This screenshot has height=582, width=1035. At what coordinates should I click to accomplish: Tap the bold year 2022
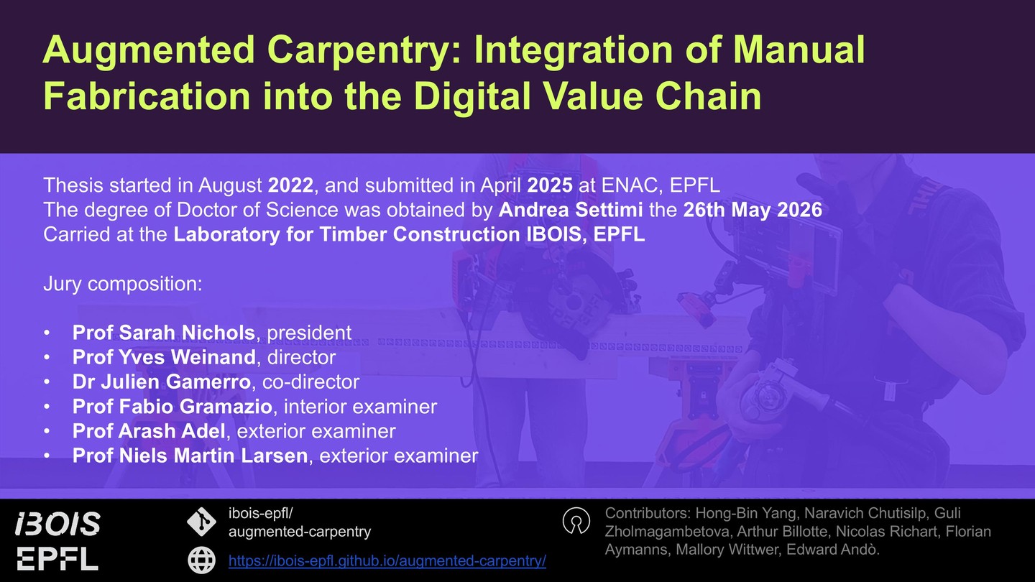point(290,185)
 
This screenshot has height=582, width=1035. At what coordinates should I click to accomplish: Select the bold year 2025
point(550,185)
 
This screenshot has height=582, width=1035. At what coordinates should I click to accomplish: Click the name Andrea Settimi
point(571,210)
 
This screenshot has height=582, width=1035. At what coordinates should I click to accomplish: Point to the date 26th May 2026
point(753,210)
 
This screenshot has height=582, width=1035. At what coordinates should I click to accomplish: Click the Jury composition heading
point(123,284)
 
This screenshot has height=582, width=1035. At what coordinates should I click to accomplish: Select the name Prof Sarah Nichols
point(164,333)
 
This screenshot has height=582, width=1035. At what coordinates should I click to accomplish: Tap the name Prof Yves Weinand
point(164,357)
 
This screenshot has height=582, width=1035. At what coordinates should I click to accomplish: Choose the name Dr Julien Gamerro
point(161,382)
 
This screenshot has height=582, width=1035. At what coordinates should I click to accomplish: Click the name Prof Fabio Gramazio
point(172,407)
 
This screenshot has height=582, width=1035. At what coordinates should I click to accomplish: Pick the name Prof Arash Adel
point(149,431)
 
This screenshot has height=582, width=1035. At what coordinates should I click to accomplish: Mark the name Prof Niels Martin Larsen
point(190,456)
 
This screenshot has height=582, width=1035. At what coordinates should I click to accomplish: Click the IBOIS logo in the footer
point(57,524)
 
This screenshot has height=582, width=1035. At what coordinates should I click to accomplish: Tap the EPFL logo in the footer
point(57,559)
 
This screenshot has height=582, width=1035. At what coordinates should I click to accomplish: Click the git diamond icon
point(201,522)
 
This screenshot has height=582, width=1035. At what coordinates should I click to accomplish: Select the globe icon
point(201,560)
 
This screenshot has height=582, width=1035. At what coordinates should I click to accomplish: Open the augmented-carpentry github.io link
point(387,560)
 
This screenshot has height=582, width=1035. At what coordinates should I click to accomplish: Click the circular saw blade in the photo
point(571,295)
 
